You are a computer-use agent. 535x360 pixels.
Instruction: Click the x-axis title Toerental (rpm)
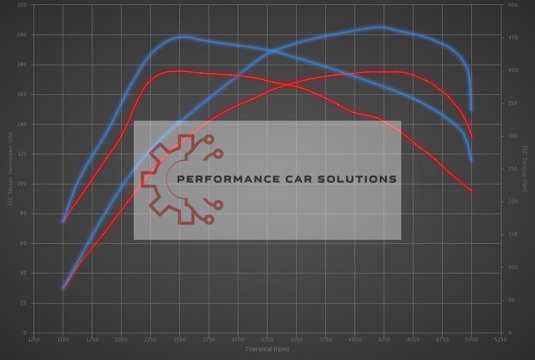click(267, 349)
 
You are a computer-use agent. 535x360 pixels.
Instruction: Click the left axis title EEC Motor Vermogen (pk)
click(10, 168)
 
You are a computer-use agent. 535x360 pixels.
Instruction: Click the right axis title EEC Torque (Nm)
click(525, 168)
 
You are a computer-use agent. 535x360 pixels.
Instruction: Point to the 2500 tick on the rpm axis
click(179, 340)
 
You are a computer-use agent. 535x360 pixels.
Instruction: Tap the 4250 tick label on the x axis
click(384, 340)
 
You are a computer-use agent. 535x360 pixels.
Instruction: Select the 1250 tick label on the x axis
click(34, 340)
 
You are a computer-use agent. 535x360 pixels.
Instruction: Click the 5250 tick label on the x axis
click(500, 340)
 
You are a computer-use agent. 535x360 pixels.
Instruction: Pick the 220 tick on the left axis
click(22, 5)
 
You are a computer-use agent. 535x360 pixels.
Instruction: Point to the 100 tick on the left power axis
click(22, 184)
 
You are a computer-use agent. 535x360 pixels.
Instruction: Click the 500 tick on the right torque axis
click(513, 5)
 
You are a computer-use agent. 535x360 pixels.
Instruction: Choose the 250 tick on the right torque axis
click(513, 169)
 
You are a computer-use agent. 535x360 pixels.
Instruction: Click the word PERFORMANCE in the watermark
click(226, 179)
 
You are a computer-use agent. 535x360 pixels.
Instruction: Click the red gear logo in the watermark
click(180, 179)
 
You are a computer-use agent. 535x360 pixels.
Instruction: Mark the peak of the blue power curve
click(382, 27)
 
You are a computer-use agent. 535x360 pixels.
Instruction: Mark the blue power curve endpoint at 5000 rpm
click(471, 109)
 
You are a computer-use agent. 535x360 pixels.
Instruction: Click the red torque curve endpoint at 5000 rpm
click(471, 190)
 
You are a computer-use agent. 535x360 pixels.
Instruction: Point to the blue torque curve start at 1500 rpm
click(63, 221)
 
